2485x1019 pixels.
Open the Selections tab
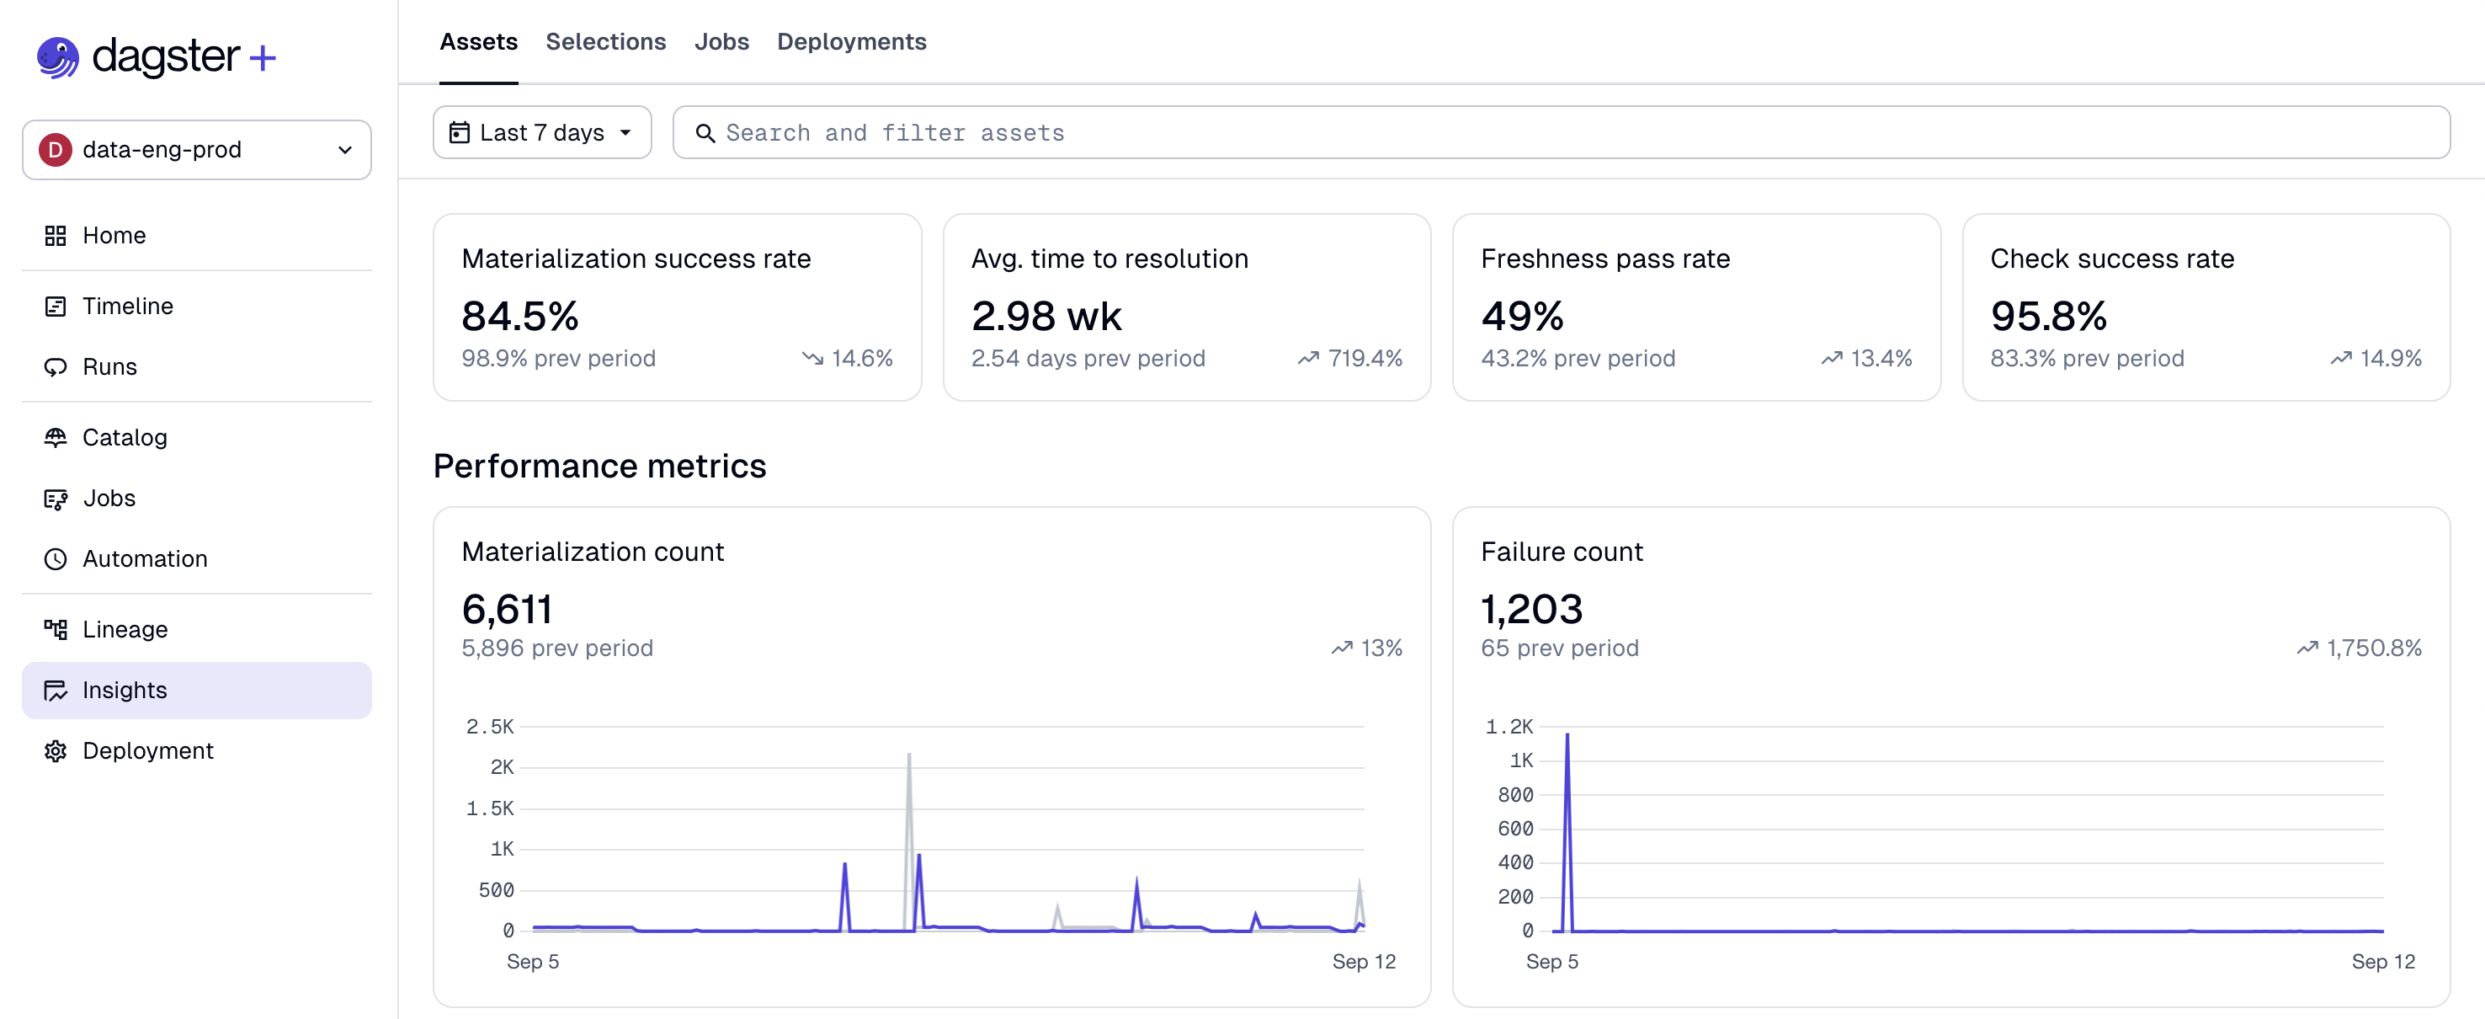[x=605, y=41]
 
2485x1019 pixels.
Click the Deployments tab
[x=851, y=41]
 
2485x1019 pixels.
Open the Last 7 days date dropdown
[x=541, y=132]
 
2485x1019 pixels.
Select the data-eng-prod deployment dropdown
[x=196, y=150]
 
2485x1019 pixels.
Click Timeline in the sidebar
[x=127, y=306]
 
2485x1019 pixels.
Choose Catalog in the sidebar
[x=125, y=437]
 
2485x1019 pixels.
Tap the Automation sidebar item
[x=145, y=558]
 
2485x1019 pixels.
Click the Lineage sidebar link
[x=125, y=629]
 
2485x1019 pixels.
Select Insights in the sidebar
[x=125, y=690]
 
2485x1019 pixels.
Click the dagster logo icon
[x=58, y=57]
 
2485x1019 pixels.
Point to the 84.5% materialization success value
[x=520, y=316]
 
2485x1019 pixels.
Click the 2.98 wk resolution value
[x=1046, y=316]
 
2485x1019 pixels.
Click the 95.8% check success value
[x=2048, y=316]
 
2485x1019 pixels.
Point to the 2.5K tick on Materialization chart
[x=490, y=726]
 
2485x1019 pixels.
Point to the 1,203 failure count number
[x=1531, y=609]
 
